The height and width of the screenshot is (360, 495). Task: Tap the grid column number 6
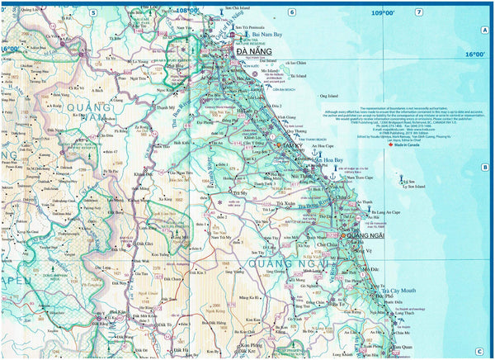coord(291,12)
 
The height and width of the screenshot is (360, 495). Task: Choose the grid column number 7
coord(418,12)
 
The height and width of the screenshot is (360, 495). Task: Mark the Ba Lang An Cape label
coord(389,212)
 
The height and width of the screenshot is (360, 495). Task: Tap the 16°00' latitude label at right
coord(474,54)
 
